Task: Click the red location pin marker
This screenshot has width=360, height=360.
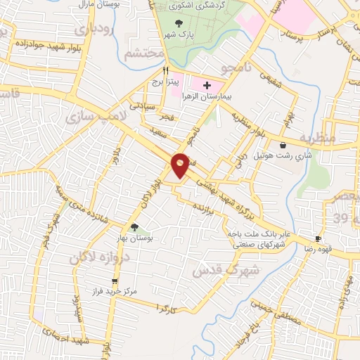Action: pyautogui.click(x=180, y=165)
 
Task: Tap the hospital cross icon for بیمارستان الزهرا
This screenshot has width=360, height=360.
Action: pyautogui.click(x=206, y=86)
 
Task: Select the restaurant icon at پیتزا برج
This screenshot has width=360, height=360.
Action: pyautogui.click(x=166, y=70)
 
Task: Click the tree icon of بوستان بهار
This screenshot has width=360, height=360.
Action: pyautogui.click(x=134, y=227)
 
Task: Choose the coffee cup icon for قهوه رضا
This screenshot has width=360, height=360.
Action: pyautogui.click(x=319, y=238)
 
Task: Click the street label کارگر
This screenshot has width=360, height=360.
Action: pyautogui.click(x=166, y=307)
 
